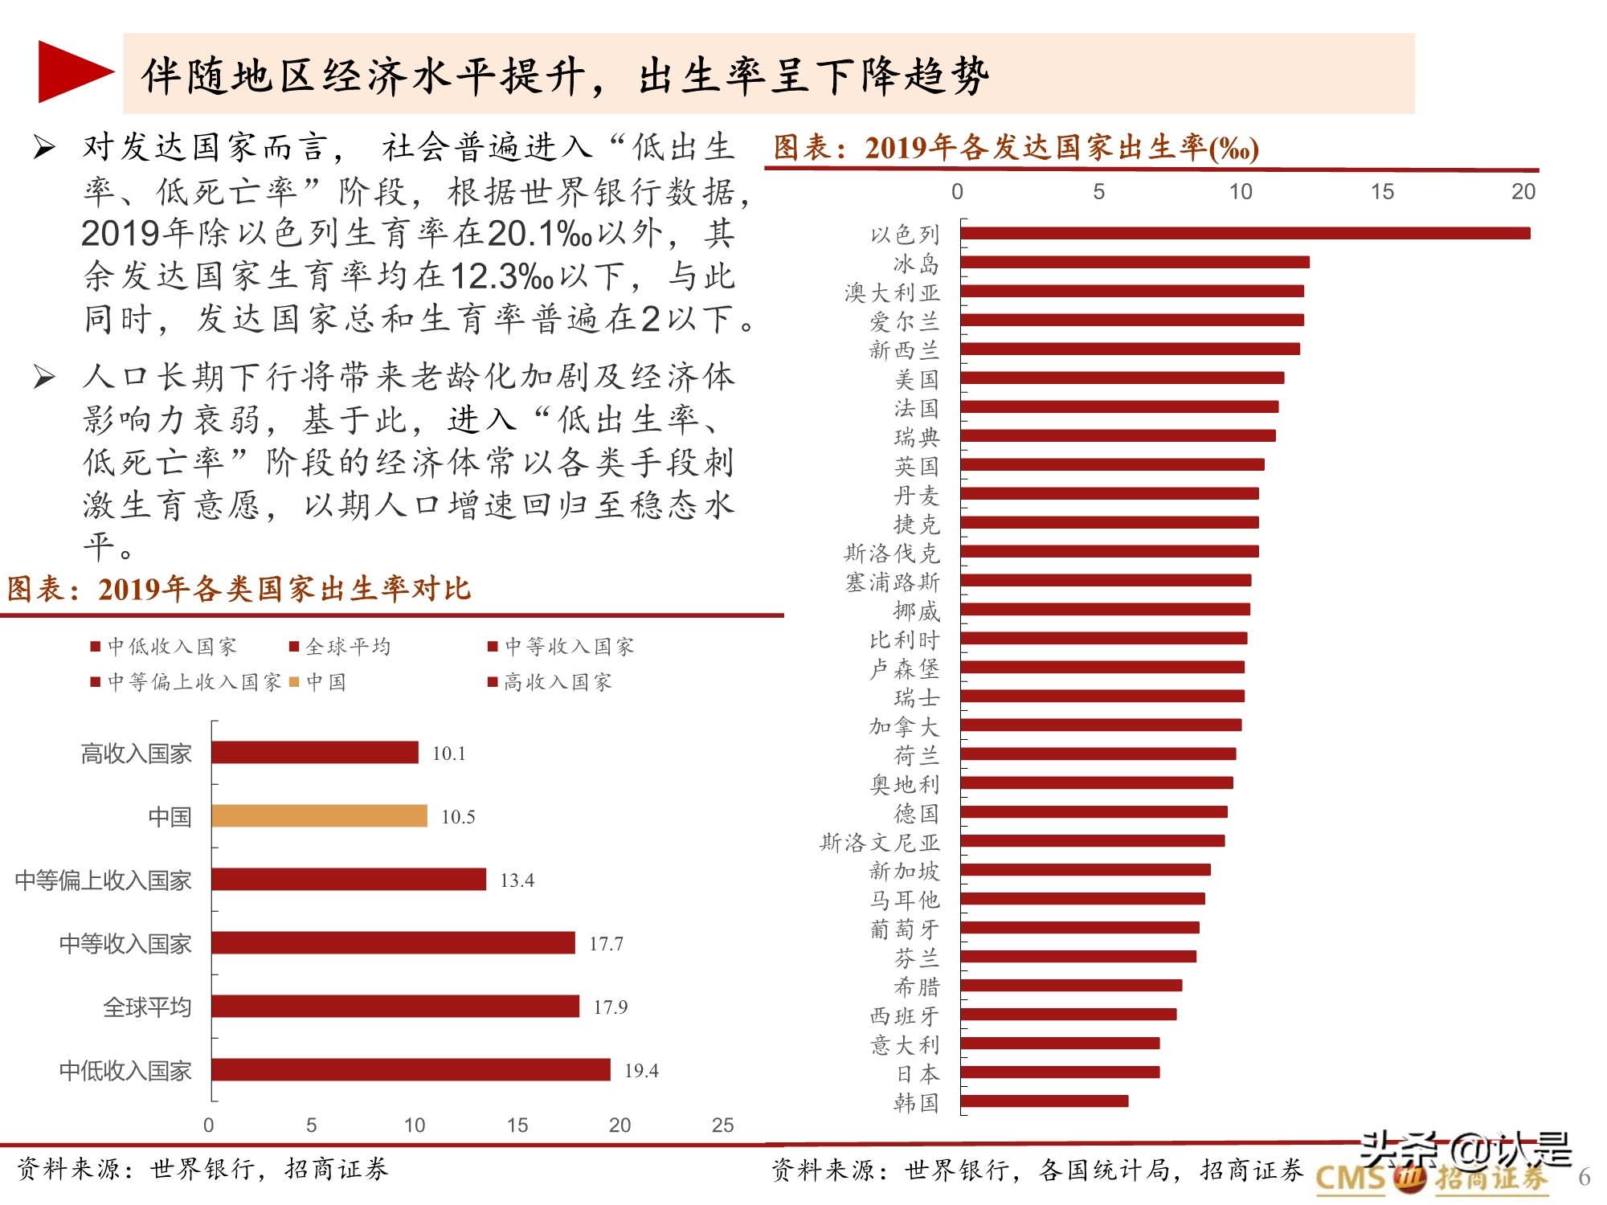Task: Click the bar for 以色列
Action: pyautogui.click(x=1245, y=233)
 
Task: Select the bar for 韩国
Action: pyautogui.click(x=1044, y=1101)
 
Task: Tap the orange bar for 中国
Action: pyautogui.click(x=319, y=816)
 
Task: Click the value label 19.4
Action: pyautogui.click(x=641, y=1070)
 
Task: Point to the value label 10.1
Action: pyautogui.click(x=448, y=753)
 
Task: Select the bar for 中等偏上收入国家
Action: pyautogui.click(x=349, y=880)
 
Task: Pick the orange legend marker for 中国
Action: pyautogui.click(x=294, y=682)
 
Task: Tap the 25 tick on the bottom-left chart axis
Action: pyautogui.click(x=722, y=1125)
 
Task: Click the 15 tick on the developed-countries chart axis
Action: pyautogui.click(x=1382, y=191)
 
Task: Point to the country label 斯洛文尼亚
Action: pyautogui.click(x=879, y=842)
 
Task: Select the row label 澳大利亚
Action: pyautogui.click(x=891, y=292)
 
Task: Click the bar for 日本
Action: pyautogui.click(x=1060, y=1072)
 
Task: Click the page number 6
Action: pyautogui.click(x=1584, y=1177)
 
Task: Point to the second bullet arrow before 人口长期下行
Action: pyautogui.click(x=44, y=376)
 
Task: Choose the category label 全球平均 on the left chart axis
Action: pyautogui.click(x=147, y=1007)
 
